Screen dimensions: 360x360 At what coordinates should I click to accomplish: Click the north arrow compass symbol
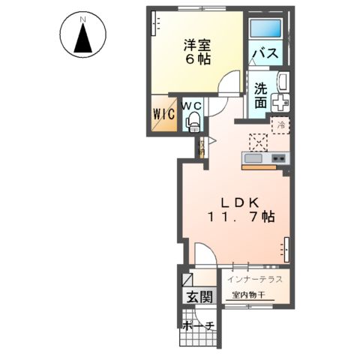(82, 34)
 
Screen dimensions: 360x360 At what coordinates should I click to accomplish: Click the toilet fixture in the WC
(192, 119)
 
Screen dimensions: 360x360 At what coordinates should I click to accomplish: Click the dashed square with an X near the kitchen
(259, 142)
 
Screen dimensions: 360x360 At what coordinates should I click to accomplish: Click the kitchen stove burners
(279, 159)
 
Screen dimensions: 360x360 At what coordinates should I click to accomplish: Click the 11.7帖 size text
(240, 217)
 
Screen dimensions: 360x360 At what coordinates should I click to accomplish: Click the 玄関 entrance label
(198, 296)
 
